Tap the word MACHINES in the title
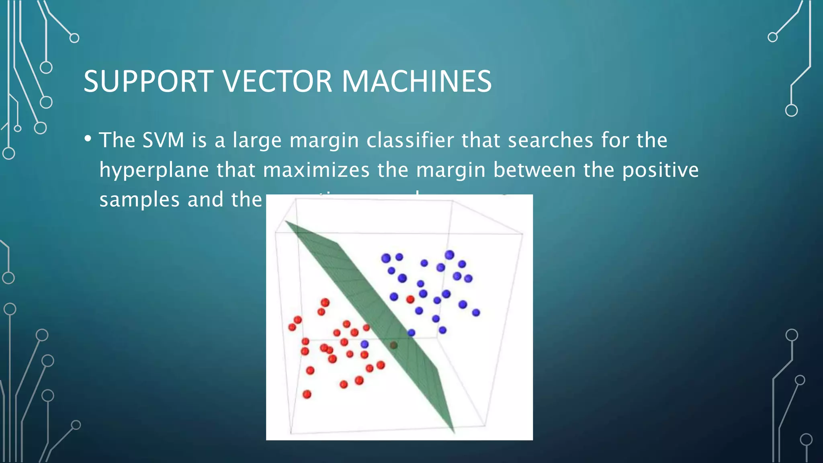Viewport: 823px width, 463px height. point(417,81)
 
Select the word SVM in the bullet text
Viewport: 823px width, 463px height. point(163,140)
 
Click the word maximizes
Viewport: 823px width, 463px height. point(316,170)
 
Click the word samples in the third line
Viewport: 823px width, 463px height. point(139,200)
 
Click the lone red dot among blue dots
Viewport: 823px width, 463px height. point(410,299)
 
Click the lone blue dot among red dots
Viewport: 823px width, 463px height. point(364,344)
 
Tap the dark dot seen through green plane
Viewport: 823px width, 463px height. point(394,345)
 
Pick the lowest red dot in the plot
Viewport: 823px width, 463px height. point(307,394)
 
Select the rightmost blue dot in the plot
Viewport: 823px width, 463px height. point(476,312)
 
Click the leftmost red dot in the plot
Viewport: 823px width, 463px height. point(292,327)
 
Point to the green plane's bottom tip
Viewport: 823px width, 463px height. point(453,432)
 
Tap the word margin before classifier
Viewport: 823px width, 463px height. point(324,140)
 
